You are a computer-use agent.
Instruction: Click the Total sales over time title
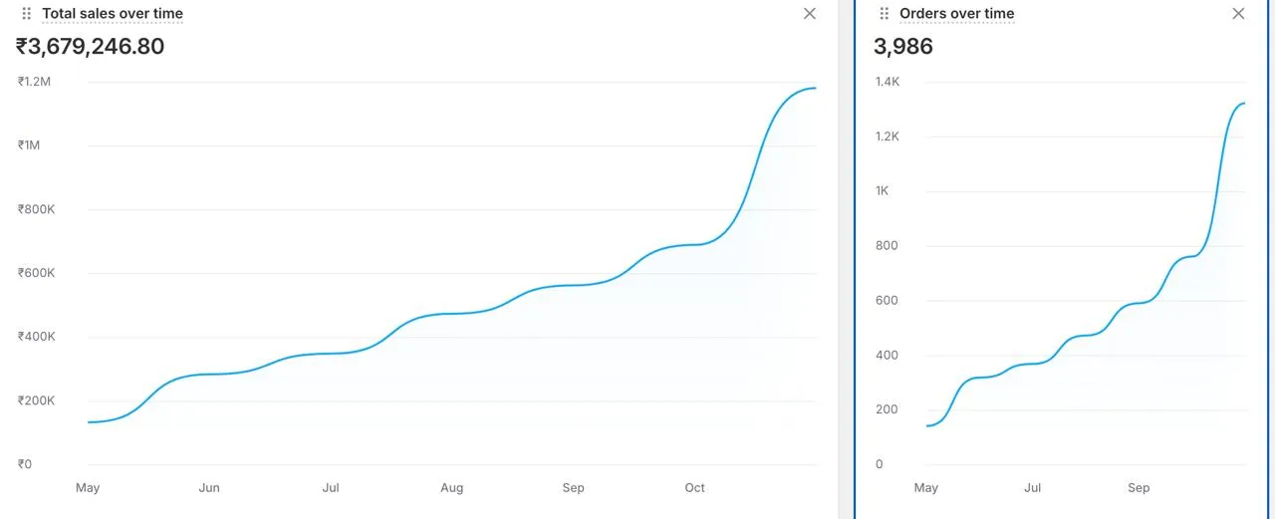pos(112,14)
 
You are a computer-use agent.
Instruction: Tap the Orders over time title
pos(956,14)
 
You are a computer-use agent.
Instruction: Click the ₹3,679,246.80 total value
pos(90,47)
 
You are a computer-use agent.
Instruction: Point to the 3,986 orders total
pos(902,47)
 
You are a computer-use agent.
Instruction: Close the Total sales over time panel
pos(810,14)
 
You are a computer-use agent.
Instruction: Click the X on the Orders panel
pos(1238,14)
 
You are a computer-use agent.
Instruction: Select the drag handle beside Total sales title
pos(27,14)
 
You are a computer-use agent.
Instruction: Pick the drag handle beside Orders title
pos(884,14)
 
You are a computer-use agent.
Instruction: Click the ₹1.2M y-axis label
pos(34,82)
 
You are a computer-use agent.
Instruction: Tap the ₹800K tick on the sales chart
pos(36,209)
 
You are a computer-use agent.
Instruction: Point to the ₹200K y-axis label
pos(36,400)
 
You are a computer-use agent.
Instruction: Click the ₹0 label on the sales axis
pos(25,464)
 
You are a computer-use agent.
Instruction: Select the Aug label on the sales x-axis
pos(452,488)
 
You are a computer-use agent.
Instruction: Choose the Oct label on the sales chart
pos(694,488)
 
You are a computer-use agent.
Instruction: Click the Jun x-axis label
pos(209,488)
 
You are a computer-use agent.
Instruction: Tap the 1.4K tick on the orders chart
pos(888,82)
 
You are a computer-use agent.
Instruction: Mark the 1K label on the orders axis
pos(883,191)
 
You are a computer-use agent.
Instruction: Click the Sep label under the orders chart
pos(1139,488)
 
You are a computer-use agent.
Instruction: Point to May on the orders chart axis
pos(925,488)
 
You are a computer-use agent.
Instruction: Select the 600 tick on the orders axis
pos(887,301)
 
